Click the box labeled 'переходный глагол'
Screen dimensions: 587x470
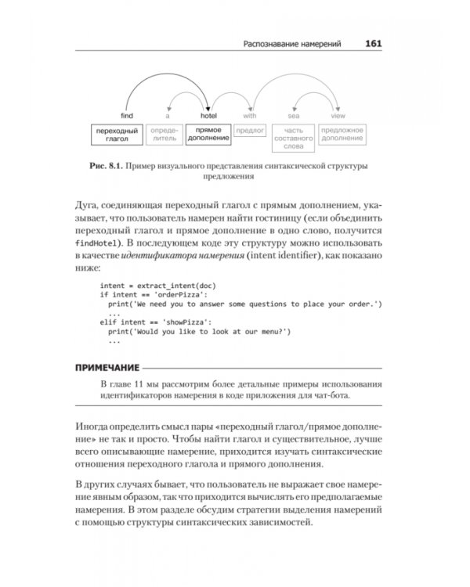pyautogui.click(x=116, y=134)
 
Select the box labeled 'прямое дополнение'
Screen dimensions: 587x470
pyautogui.click(x=208, y=134)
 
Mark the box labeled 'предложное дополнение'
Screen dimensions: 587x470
pyautogui.click(x=342, y=134)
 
